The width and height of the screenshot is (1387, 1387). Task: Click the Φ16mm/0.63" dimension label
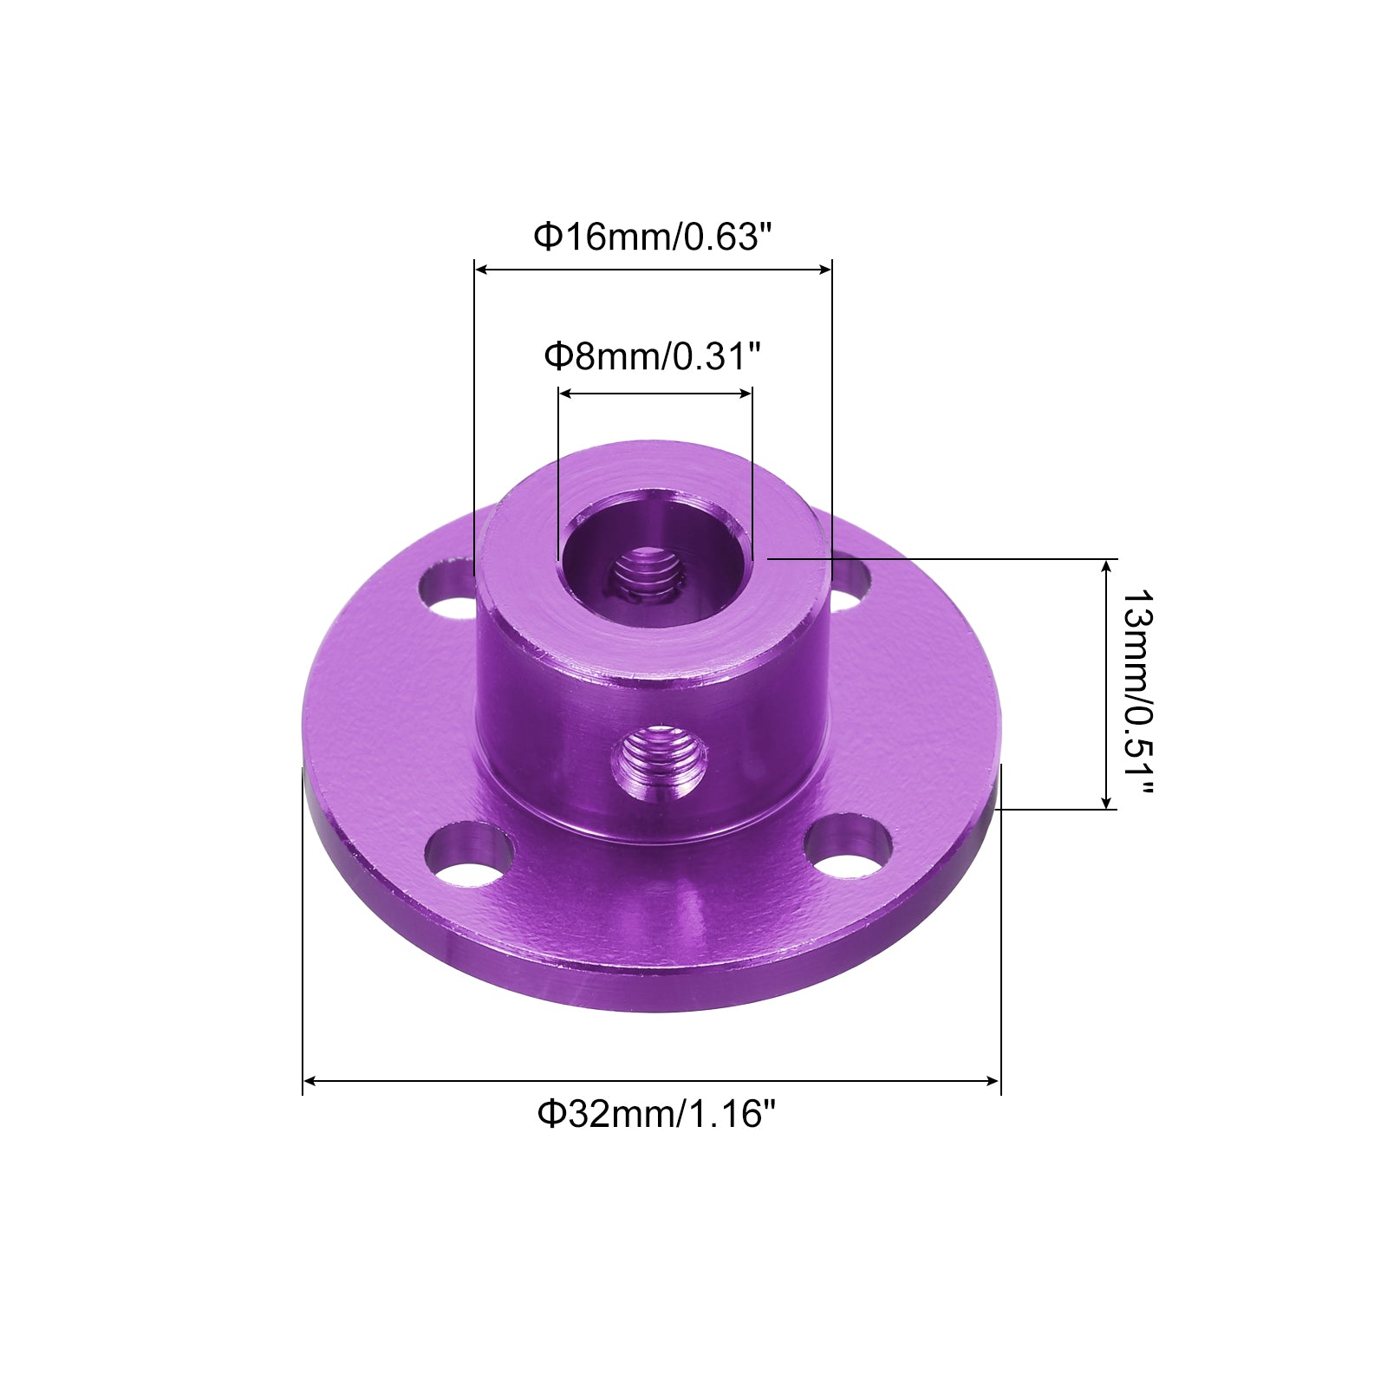click(652, 236)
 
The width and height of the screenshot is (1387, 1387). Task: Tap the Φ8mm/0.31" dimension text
click(652, 355)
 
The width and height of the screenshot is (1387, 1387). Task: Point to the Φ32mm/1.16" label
click(654, 1113)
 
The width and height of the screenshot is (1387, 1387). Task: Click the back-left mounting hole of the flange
click(448, 589)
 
